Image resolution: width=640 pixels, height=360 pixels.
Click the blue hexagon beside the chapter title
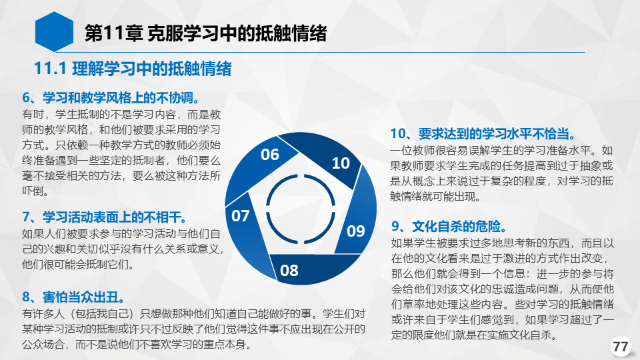tap(54, 32)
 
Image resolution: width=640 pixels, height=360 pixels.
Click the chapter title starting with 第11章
tap(205, 33)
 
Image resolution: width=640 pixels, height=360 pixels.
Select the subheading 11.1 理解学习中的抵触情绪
tap(133, 69)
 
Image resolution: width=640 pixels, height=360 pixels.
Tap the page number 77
tap(621, 347)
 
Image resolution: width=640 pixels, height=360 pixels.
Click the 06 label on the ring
tap(270, 155)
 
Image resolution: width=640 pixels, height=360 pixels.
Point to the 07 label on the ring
tap(240, 215)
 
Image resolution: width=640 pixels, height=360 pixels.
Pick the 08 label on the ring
tap(289, 270)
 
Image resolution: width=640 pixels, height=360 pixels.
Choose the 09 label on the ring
tap(355, 231)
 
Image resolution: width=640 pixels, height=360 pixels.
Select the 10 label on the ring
tap(341, 163)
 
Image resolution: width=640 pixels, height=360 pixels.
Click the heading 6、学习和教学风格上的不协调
tap(112, 98)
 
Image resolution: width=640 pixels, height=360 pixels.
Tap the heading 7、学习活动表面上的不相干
tap(105, 217)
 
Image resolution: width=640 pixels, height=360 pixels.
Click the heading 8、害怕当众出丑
tap(74, 297)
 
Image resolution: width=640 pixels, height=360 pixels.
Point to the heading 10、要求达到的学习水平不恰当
tap(484, 133)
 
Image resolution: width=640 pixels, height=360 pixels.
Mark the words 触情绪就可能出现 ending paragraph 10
tap(434, 196)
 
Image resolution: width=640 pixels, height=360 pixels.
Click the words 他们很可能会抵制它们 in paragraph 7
tap(77, 264)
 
